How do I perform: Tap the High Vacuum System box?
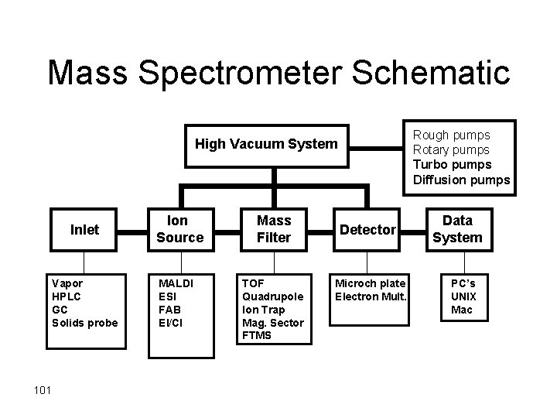(x=266, y=144)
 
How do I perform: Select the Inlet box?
(x=85, y=230)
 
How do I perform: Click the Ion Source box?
(x=179, y=230)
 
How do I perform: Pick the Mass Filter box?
(x=274, y=230)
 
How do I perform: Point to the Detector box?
(x=368, y=230)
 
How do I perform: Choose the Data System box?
(x=457, y=230)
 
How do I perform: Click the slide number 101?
(x=42, y=389)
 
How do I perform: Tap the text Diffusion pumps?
(x=462, y=180)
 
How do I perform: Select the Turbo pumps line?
(x=453, y=164)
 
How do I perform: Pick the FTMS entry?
(x=258, y=335)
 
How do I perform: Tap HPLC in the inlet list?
(x=66, y=296)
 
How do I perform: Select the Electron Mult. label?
(x=370, y=296)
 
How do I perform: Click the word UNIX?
(x=464, y=296)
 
